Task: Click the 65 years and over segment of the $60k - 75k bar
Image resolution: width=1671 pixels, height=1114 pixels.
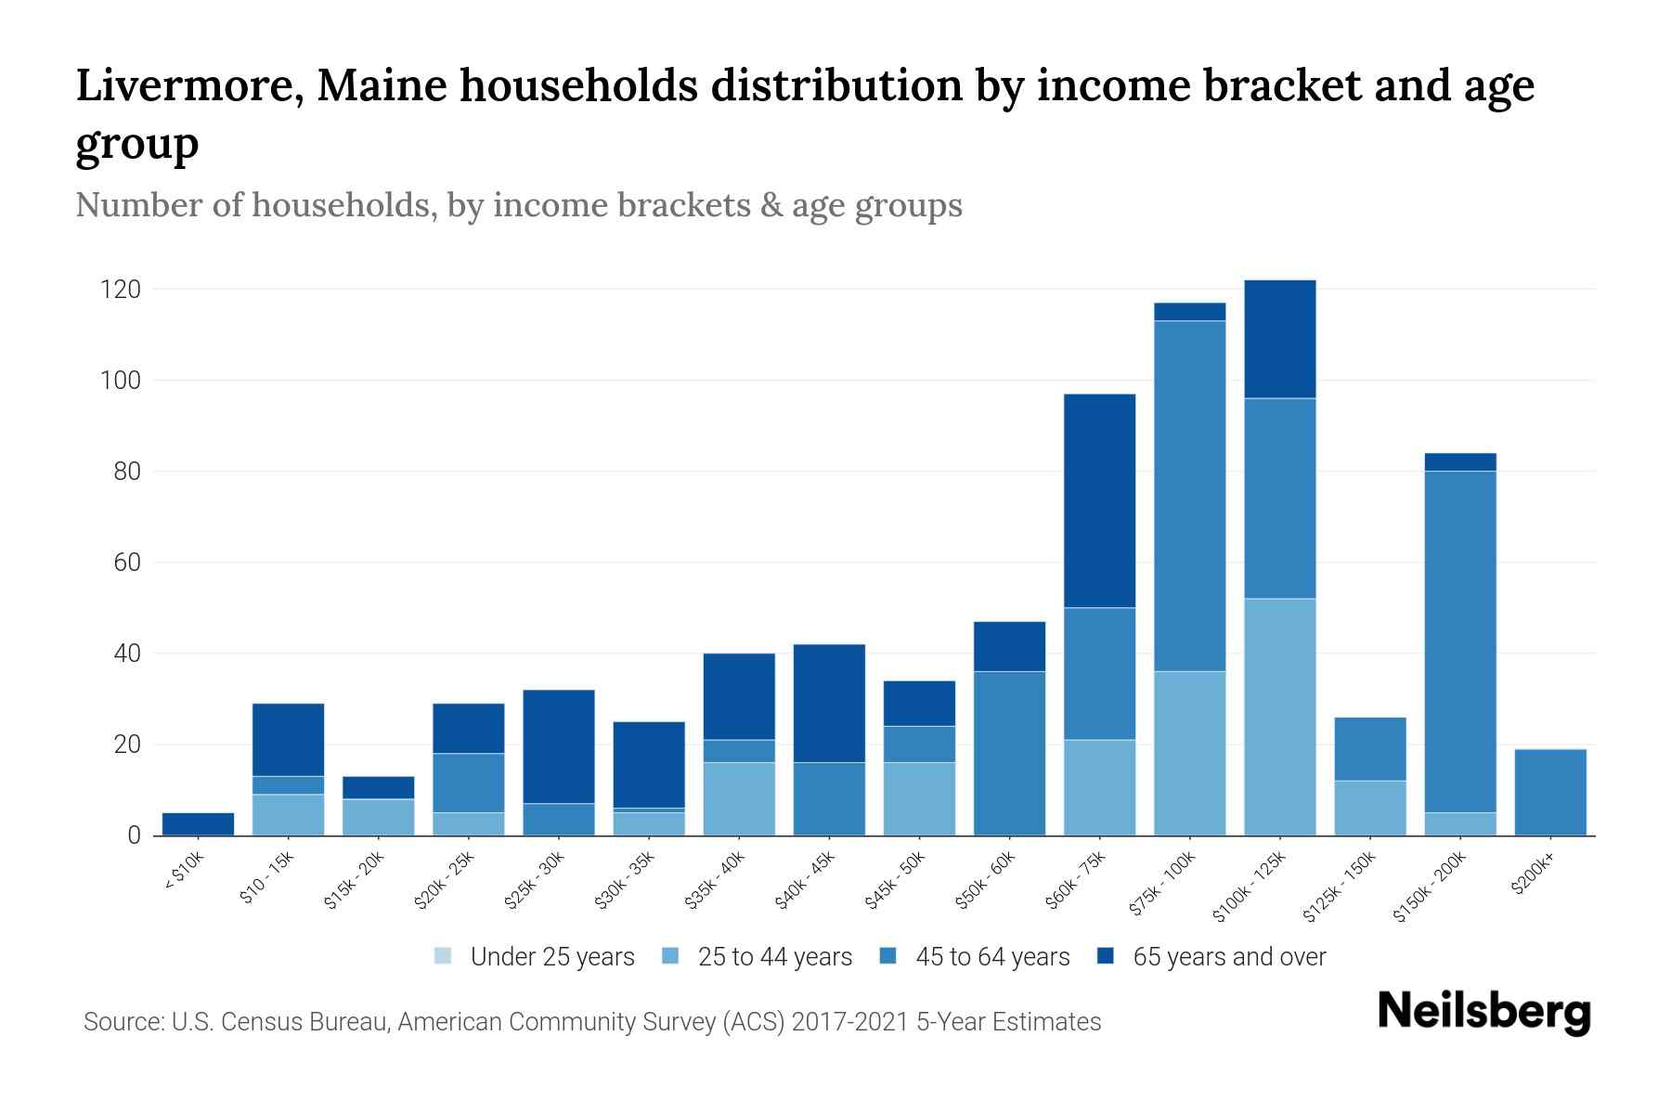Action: tap(1099, 501)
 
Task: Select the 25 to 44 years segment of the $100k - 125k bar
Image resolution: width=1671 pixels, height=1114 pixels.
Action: tap(1280, 717)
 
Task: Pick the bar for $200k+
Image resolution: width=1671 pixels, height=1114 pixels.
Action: tap(1550, 792)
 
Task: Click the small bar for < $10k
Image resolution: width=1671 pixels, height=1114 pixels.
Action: tap(198, 823)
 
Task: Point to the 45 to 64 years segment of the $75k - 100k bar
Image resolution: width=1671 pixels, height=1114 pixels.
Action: tap(1189, 496)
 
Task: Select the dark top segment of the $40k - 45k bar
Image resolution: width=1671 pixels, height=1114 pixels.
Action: tap(829, 703)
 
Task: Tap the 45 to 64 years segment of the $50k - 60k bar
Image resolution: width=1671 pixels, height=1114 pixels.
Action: tap(1009, 753)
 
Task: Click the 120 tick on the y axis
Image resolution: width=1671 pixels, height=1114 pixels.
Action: tap(121, 290)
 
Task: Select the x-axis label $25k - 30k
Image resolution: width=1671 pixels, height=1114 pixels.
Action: tap(535, 881)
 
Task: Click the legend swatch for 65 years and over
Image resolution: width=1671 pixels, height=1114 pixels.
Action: tap(1106, 956)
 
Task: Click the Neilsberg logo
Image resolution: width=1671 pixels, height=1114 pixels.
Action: tap(1483, 1012)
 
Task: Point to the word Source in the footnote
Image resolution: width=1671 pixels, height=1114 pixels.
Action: tap(123, 1022)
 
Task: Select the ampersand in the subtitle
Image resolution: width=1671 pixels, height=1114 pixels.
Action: tap(771, 205)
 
